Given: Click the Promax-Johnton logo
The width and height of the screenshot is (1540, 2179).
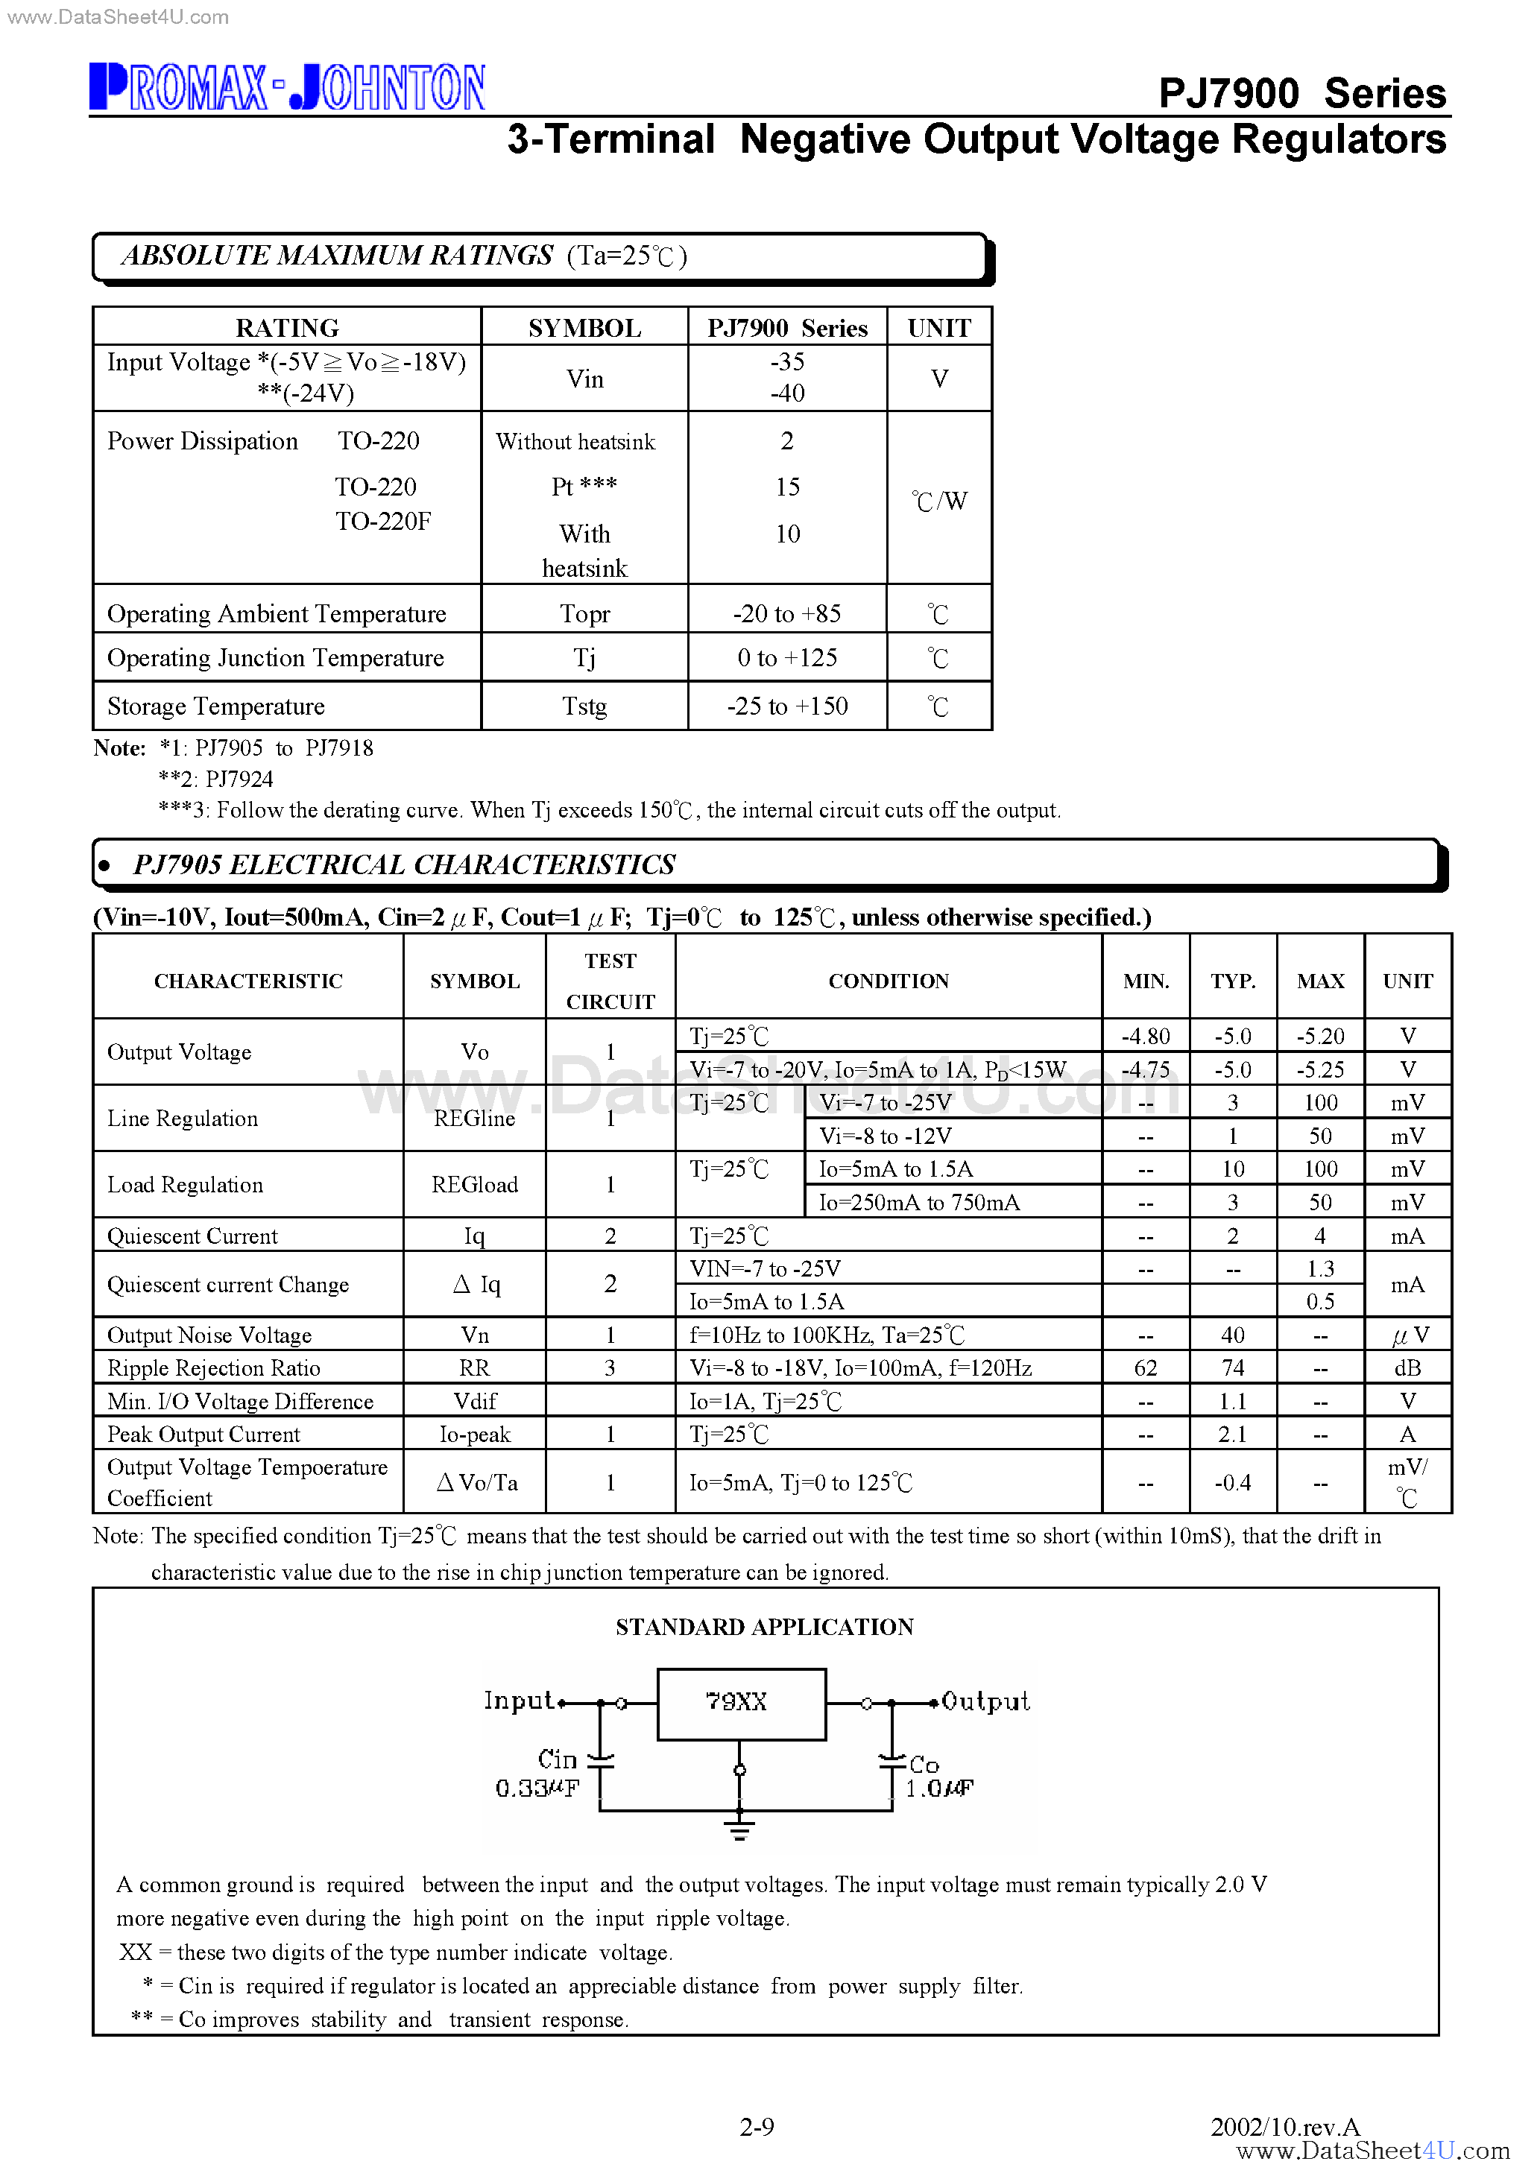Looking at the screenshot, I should (287, 87).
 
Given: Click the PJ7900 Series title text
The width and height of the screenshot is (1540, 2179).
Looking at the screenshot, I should (1301, 93).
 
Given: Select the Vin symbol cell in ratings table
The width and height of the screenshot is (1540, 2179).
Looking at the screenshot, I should (585, 379).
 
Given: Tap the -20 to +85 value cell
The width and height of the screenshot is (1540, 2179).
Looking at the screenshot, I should (787, 614).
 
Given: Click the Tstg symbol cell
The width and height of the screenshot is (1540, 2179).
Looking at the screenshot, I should (585, 706).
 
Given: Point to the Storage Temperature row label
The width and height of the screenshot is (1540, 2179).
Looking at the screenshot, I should (216, 706).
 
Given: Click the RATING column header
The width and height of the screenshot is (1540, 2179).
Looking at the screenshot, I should (287, 327).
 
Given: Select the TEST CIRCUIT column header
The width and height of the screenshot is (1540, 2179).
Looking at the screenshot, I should (610, 981).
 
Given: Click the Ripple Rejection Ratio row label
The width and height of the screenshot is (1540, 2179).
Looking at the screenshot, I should (214, 1367).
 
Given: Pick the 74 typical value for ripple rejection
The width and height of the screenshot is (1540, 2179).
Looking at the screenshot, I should (1232, 1367).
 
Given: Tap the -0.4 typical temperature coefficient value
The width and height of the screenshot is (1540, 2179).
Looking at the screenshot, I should (1232, 1482).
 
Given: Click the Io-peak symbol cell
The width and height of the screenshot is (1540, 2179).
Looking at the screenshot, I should (475, 1434).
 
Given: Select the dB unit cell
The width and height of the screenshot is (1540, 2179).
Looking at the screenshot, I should (1407, 1367).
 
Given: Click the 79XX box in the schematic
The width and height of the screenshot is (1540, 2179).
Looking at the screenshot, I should (741, 1704).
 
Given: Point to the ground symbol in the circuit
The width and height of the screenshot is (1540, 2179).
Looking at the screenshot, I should (739, 1829).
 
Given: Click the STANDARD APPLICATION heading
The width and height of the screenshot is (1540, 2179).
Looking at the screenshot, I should (764, 1627).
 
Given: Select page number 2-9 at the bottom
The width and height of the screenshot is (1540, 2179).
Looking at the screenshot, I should (757, 2127).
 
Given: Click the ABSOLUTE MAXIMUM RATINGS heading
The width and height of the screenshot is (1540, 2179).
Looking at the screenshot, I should (338, 256).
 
